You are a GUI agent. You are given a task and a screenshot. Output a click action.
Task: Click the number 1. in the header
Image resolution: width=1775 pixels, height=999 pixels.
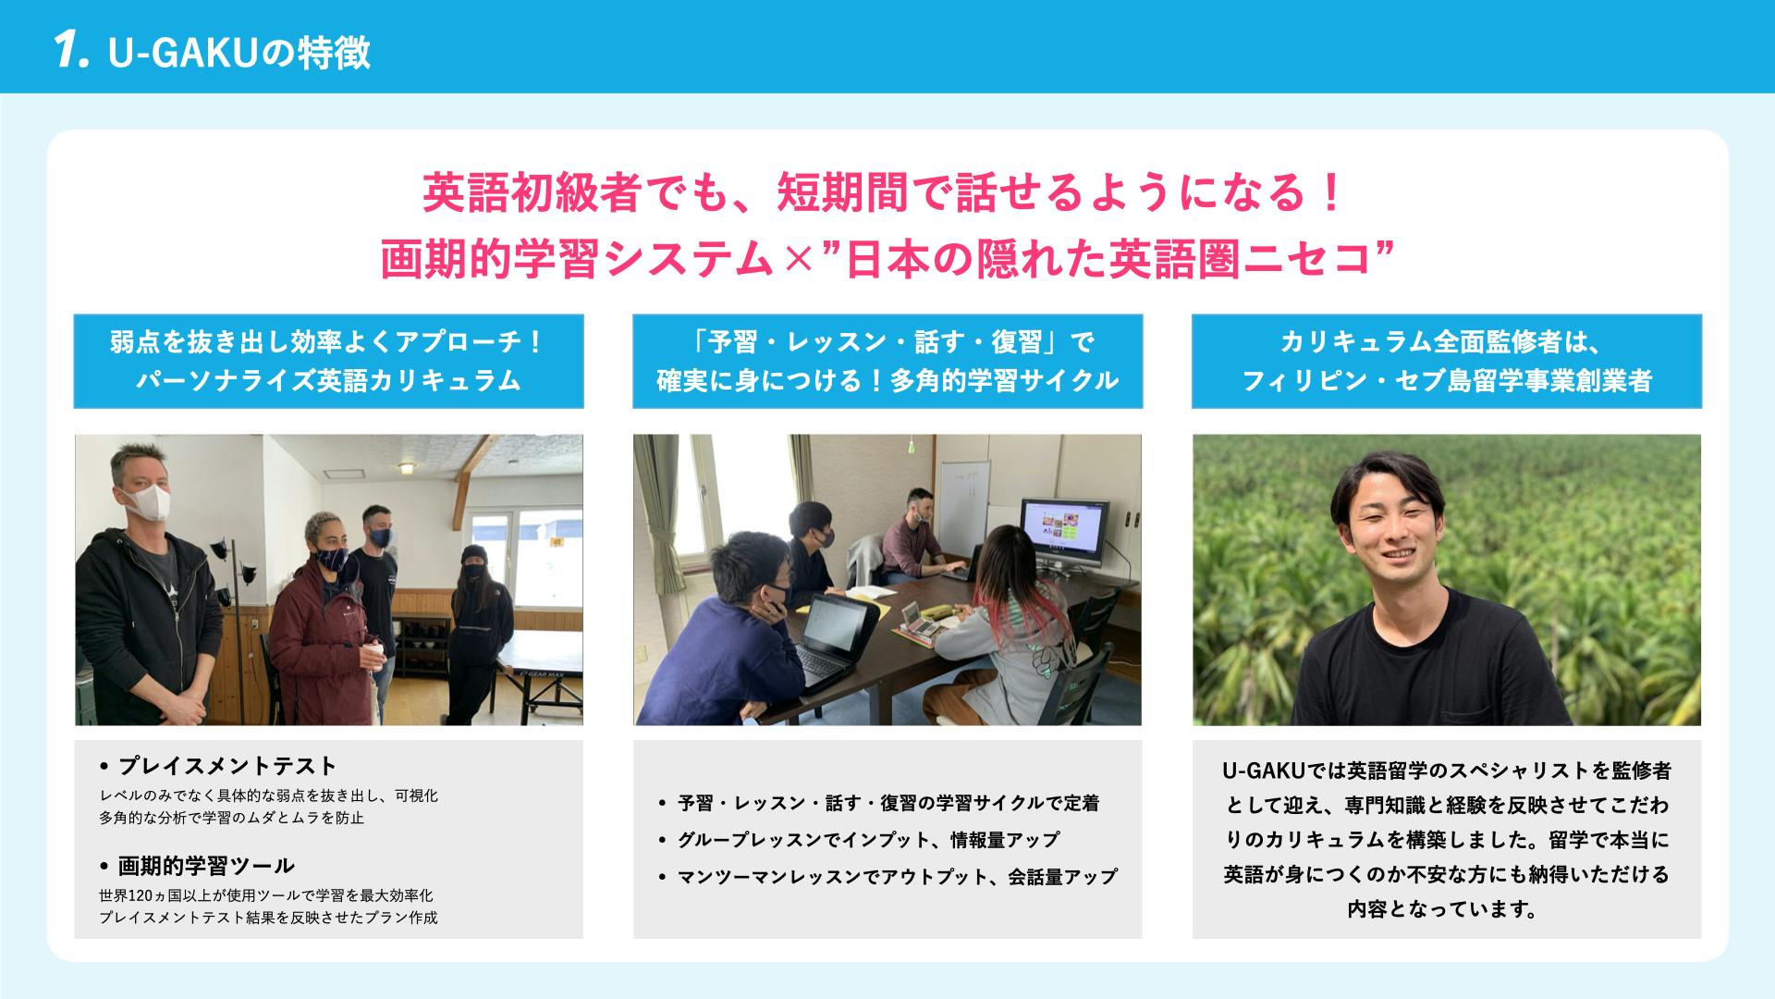[x=70, y=52]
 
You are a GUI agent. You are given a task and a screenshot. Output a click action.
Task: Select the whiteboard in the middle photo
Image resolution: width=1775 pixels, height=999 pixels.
[x=962, y=499]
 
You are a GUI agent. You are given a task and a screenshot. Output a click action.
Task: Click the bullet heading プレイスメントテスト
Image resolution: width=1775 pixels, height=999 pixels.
[x=227, y=766]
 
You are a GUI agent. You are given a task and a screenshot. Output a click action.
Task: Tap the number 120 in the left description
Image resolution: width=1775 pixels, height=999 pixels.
[x=141, y=895]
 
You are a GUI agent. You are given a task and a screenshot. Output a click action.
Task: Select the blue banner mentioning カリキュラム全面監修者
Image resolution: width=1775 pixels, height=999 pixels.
[x=1447, y=361]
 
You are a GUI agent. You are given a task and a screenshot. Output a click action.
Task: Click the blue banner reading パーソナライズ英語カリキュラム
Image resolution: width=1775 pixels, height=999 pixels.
[x=328, y=361]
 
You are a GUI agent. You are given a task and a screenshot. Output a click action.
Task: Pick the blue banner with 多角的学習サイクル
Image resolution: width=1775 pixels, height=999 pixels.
[x=887, y=361]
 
